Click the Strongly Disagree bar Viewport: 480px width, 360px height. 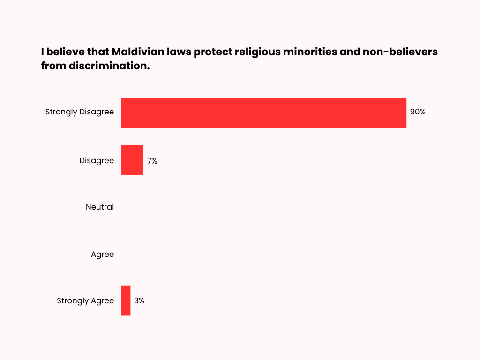coord(263,112)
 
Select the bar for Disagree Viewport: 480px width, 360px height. coord(132,160)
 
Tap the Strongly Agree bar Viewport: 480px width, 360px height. coord(126,300)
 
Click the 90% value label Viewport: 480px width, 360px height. coord(418,112)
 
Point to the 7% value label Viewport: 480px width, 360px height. coord(152,160)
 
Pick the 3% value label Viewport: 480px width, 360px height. coord(139,301)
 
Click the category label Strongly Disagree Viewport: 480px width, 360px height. coord(79,112)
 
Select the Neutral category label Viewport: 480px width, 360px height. coord(99,207)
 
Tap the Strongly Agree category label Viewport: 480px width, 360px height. coord(85,301)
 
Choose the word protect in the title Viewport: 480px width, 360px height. coord(210,52)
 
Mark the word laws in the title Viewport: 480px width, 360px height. coord(175,52)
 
